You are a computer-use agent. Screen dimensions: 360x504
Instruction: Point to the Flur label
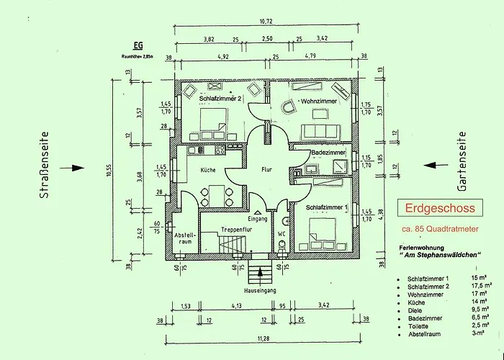click(x=267, y=170)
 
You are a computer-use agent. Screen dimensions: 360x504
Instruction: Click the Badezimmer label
click(x=328, y=153)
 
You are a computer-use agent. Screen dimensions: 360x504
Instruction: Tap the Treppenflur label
click(x=235, y=230)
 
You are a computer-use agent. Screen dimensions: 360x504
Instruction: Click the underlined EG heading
click(x=138, y=45)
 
